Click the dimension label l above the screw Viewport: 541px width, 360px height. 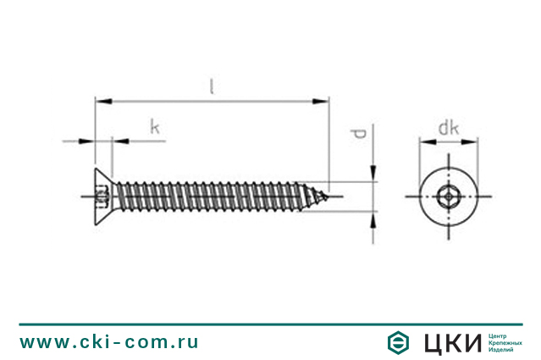pyautogui.click(x=212, y=86)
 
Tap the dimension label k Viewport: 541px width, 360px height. pyautogui.click(x=155, y=127)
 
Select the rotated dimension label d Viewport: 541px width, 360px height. pyautogui.click(x=359, y=134)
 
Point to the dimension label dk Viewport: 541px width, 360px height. pyautogui.click(x=449, y=128)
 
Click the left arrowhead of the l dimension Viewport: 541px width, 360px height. pyautogui.click(x=103, y=101)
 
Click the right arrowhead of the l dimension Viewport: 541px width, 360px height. pyautogui.click(x=321, y=101)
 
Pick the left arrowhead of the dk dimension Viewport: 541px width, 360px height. pyautogui.click(x=428, y=141)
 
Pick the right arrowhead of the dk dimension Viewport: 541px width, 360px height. pyautogui.click(x=470, y=141)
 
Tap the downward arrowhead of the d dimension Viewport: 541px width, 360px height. pyautogui.click(x=373, y=174)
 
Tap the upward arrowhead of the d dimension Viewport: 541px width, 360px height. pyautogui.click(x=373, y=219)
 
